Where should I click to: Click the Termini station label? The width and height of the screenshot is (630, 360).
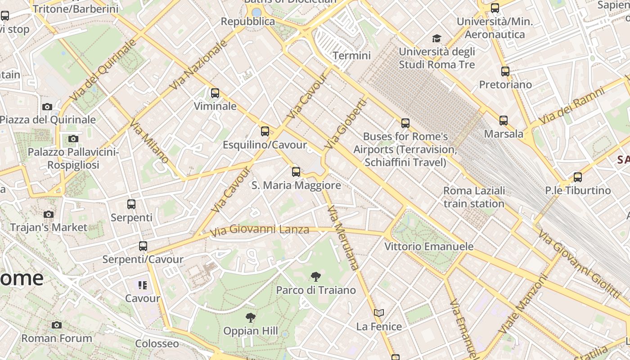[x=351, y=55]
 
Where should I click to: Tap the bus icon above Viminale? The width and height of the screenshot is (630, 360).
[x=215, y=93]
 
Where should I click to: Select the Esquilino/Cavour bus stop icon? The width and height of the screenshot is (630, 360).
[x=265, y=131]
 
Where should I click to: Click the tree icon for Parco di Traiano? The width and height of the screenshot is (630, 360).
[x=316, y=277]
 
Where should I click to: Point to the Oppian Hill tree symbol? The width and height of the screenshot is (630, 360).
[x=251, y=318]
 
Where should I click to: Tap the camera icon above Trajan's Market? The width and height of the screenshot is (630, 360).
[x=49, y=214]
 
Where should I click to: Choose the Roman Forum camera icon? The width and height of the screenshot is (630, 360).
[x=57, y=325]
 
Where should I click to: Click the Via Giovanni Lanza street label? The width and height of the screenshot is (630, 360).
[x=260, y=230]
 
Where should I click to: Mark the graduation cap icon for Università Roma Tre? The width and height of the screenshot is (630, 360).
[x=436, y=39]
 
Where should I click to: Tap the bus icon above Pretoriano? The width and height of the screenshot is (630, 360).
[x=505, y=71]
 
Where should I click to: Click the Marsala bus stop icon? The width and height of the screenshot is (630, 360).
[x=504, y=120]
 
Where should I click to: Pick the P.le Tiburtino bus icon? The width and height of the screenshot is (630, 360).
[x=578, y=177]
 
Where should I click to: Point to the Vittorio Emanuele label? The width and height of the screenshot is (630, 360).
[x=429, y=246]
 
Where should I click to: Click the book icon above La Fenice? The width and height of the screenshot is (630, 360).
[x=379, y=313]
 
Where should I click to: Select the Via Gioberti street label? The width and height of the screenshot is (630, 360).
[x=346, y=124]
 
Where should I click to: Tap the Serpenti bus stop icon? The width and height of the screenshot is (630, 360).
[x=131, y=204]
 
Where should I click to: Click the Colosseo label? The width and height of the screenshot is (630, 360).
[x=157, y=344]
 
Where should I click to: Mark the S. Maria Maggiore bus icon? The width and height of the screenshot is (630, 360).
[x=296, y=171]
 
